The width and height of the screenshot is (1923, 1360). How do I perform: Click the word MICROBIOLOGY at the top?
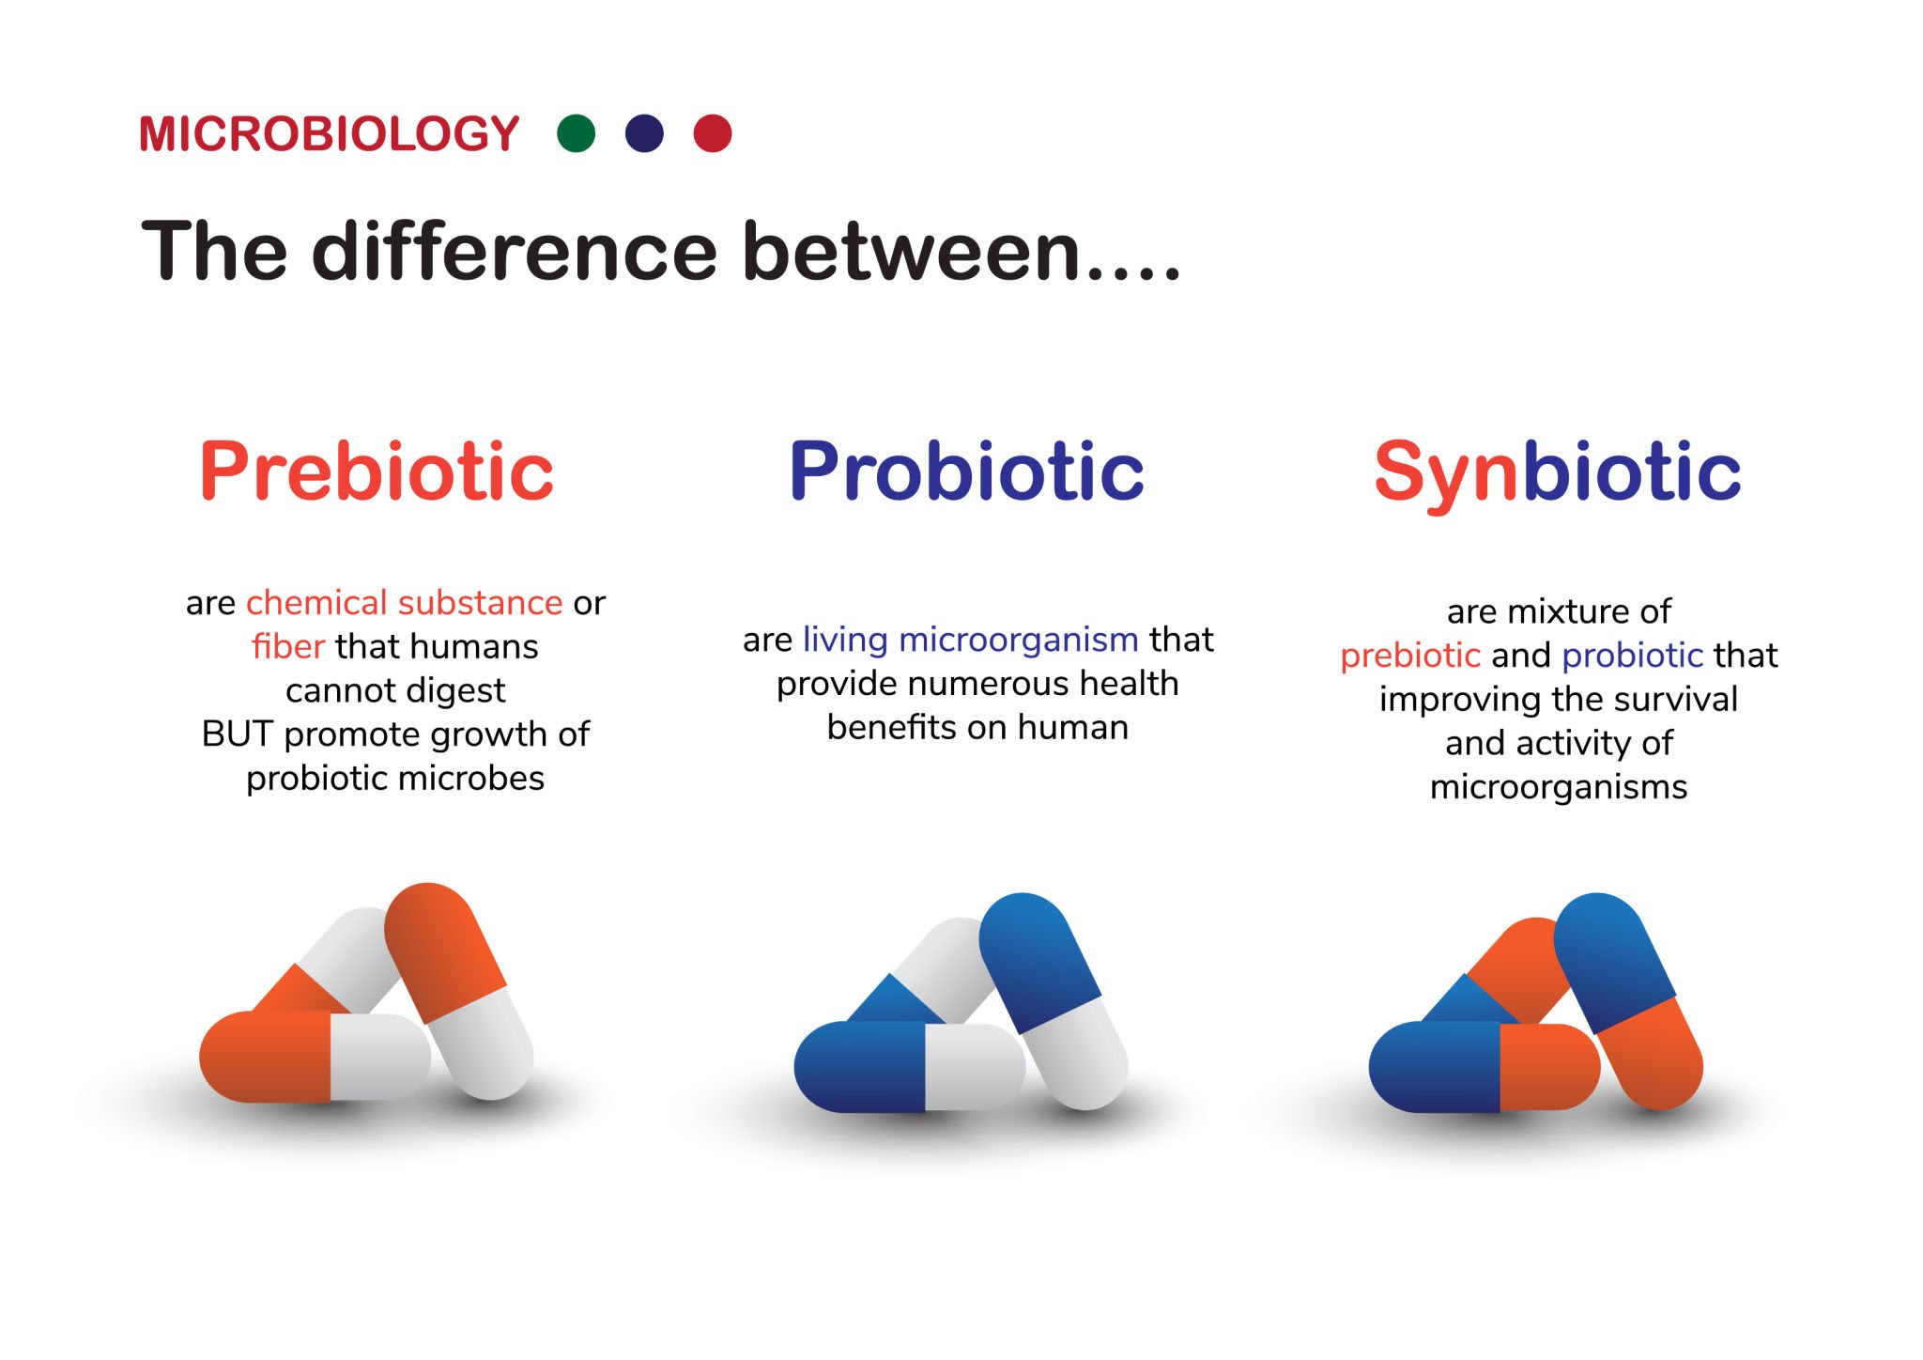[329, 133]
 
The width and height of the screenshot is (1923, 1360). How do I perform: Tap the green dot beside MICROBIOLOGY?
[576, 133]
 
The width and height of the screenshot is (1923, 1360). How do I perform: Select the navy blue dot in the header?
[644, 133]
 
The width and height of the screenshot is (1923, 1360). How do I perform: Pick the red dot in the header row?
[713, 133]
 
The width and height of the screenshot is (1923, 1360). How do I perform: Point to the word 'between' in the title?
[910, 252]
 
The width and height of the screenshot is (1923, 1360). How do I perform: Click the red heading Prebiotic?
[377, 471]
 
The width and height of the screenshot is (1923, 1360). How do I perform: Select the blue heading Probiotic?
[967, 471]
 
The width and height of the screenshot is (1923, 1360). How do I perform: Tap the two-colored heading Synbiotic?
[1558, 473]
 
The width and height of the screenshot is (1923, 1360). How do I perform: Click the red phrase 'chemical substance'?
[404, 602]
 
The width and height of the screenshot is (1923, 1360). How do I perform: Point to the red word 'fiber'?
[288, 646]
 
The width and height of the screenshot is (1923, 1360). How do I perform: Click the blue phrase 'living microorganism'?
[971, 640]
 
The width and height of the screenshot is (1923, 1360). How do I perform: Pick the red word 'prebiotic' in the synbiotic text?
[1410, 656]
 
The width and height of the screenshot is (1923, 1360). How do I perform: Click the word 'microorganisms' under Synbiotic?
[1559, 787]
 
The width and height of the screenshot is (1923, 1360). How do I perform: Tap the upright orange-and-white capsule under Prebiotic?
[459, 991]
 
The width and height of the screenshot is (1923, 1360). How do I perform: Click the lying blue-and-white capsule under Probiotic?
[909, 1067]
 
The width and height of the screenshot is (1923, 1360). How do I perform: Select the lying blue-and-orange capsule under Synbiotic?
[1485, 1067]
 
